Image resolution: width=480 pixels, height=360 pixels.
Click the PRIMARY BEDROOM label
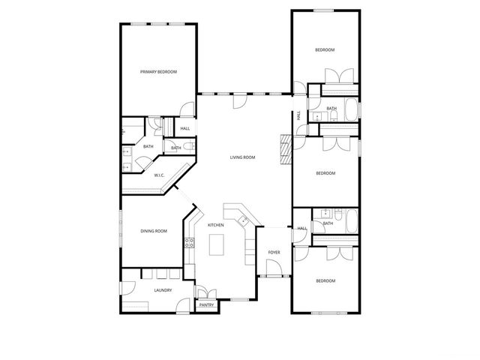(158, 72)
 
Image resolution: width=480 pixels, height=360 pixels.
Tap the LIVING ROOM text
(242, 157)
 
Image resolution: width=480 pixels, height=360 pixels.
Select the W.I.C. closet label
(160, 175)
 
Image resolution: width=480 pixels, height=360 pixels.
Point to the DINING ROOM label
(153, 232)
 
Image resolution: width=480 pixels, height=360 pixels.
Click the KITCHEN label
(215, 225)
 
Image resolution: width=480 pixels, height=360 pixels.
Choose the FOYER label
(274, 252)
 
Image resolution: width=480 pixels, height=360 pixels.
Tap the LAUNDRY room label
(163, 290)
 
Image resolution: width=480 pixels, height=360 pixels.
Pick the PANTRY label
(206, 305)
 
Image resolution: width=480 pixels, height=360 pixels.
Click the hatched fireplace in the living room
(284, 149)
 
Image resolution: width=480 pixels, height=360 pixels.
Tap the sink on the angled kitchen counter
(244, 220)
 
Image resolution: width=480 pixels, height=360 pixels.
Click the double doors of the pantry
(206, 292)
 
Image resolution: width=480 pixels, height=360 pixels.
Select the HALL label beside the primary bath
(184, 128)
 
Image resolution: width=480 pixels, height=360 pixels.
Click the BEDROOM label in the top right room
(324, 49)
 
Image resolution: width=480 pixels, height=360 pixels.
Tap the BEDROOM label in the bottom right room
(325, 280)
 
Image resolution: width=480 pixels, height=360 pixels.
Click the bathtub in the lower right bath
(349, 220)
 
